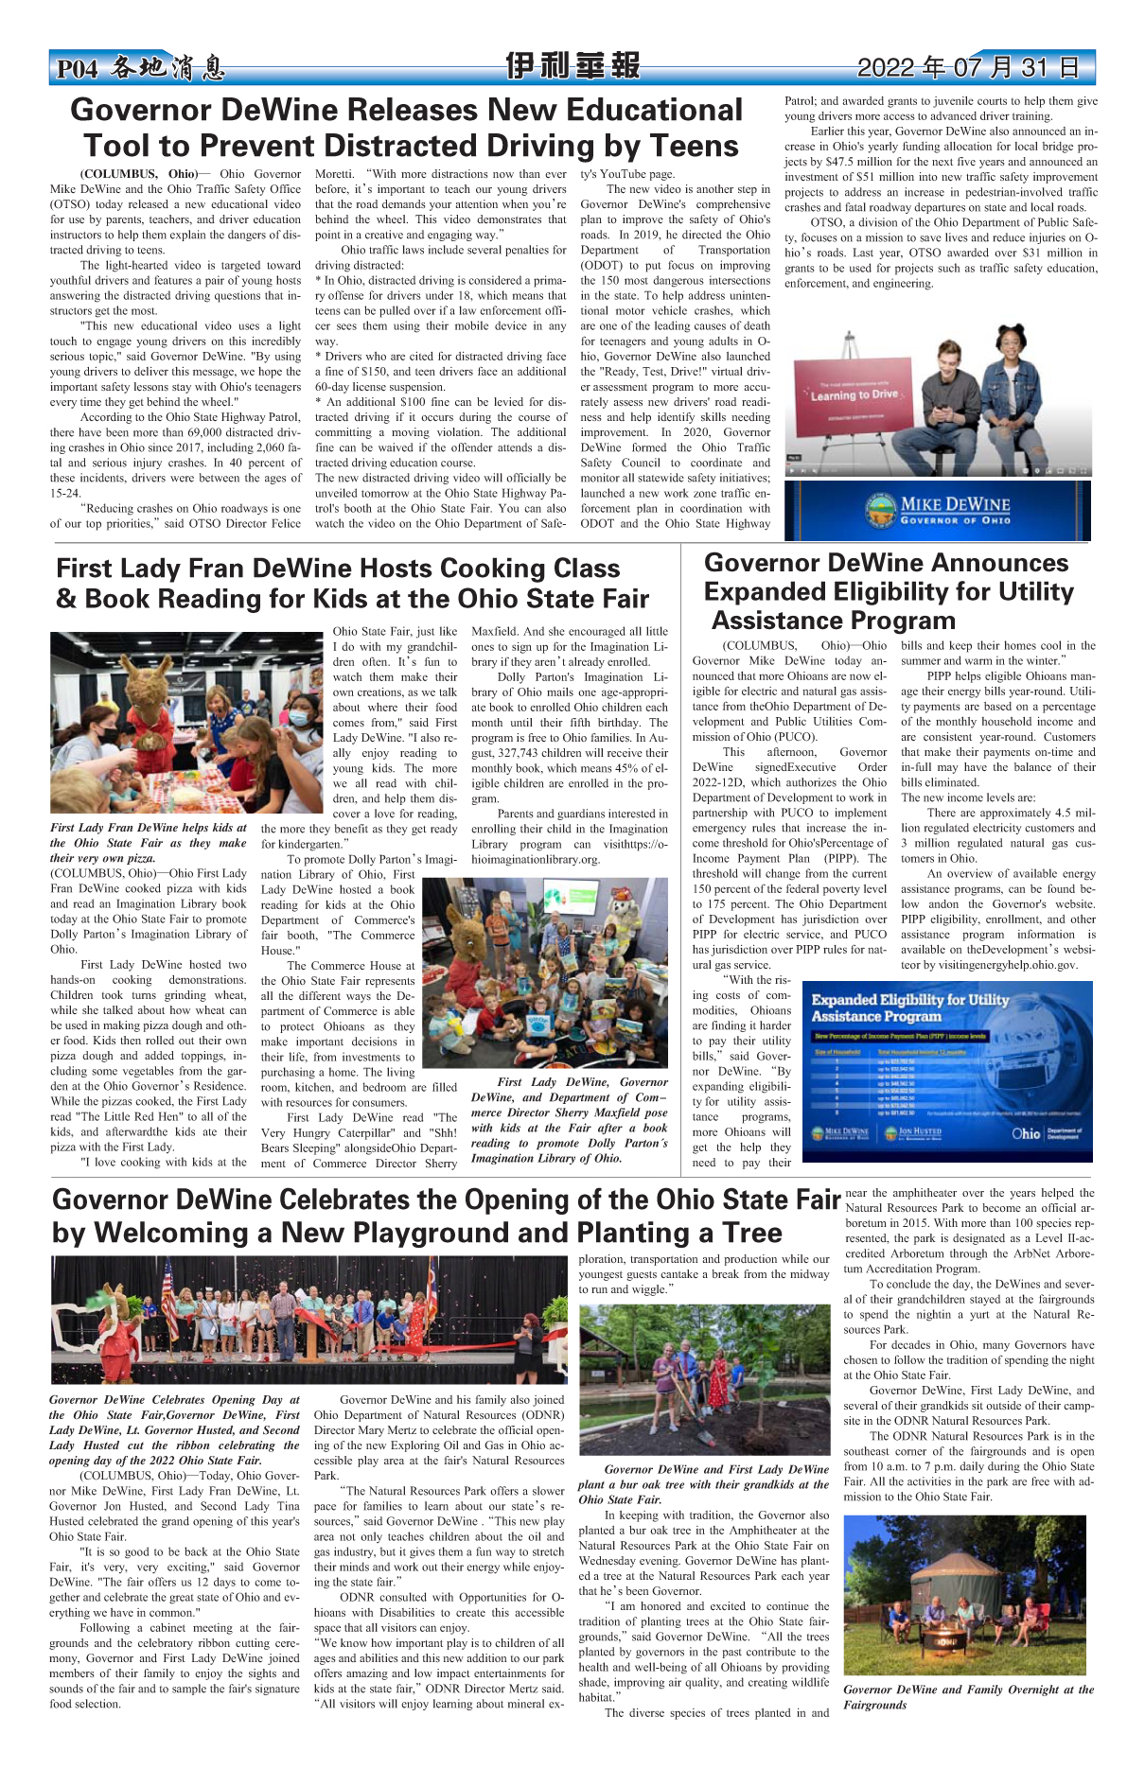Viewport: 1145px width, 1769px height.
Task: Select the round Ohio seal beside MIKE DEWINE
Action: click(x=880, y=512)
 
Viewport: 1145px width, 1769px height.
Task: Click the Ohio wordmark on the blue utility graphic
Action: click(x=1026, y=1132)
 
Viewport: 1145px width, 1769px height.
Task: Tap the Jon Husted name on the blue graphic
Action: click(x=920, y=1131)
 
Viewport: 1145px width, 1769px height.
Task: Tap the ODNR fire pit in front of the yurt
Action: click(x=947, y=1642)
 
